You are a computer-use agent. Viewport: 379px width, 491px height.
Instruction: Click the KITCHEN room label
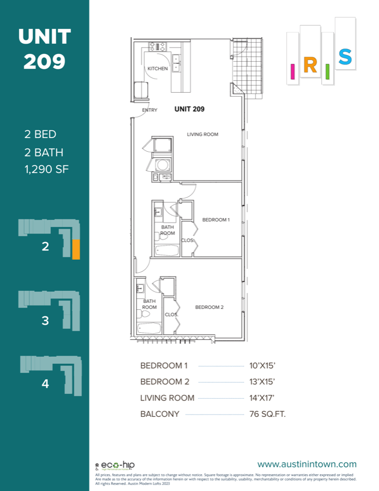(x=158, y=69)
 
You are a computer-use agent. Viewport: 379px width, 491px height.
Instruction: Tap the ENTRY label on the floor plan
(x=149, y=110)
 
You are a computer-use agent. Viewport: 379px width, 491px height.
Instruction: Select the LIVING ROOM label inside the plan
(x=203, y=134)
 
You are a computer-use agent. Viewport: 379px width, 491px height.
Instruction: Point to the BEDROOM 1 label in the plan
(x=216, y=220)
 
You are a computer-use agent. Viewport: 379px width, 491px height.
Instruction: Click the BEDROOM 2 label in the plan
(x=209, y=307)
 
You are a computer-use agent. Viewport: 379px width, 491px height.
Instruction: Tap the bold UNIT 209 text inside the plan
(x=189, y=109)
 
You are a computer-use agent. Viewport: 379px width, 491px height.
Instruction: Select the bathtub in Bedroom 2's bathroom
(x=148, y=329)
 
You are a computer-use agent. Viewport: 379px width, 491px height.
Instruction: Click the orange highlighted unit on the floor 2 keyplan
(x=76, y=249)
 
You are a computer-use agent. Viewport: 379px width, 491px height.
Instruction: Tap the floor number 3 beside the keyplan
(x=45, y=321)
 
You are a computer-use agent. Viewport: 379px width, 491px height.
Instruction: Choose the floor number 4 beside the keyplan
(x=45, y=384)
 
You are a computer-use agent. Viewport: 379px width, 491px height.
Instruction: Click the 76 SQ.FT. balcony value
(x=264, y=414)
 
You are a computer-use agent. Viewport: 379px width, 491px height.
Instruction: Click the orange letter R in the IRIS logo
(x=309, y=65)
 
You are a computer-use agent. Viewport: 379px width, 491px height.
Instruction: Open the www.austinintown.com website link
(x=306, y=464)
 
